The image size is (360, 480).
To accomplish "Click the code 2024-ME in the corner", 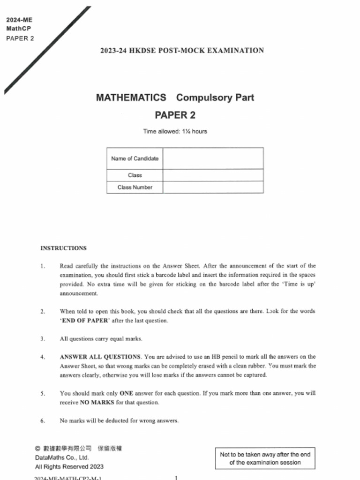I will pyautogui.click(x=19, y=20).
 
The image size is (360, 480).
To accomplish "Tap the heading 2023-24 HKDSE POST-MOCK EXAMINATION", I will pyautogui.click(x=182, y=51).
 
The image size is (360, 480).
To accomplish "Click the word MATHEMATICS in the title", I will pyautogui.click(x=131, y=97).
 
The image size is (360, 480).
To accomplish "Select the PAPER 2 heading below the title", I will pyautogui.click(x=175, y=115).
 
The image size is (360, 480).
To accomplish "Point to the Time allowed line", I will pyautogui.click(x=175, y=131).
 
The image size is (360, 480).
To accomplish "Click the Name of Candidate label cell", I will pyautogui.click(x=135, y=158).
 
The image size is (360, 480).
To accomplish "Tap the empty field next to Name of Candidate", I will pyautogui.click(x=213, y=158).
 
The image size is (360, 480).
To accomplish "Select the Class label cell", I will pyautogui.click(x=135, y=175).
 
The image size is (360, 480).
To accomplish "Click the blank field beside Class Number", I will pyautogui.click(x=213, y=187).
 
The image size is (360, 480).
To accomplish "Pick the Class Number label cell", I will pyautogui.click(x=135, y=187).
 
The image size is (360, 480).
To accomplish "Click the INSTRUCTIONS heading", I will pyautogui.click(x=63, y=248).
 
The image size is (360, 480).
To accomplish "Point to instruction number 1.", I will pyautogui.click(x=43, y=266).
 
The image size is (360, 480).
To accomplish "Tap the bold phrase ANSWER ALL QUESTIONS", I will pyautogui.click(x=100, y=357).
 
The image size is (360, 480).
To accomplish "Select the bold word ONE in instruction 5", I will pyautogui.click(x=127, y=393).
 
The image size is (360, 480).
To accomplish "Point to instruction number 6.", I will pyautogui.click(x=43, y=420).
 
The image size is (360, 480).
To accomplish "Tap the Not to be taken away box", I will pyautogui.click(x=265, y=458).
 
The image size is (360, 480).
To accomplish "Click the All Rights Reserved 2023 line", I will pyautogui.click(x=69, y=466).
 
